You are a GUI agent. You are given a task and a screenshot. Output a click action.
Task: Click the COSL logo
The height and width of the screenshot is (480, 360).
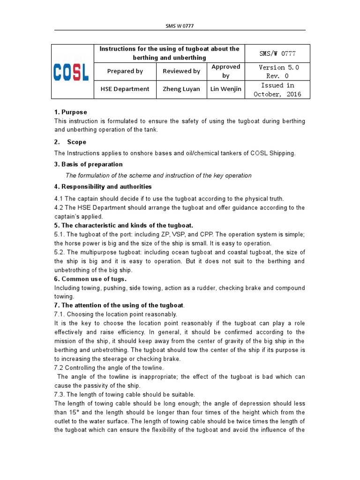coord(72,72)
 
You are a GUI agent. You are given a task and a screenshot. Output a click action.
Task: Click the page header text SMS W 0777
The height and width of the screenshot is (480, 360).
coord(180,26)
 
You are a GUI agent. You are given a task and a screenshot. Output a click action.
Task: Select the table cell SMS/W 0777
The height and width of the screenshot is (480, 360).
coord(278,53)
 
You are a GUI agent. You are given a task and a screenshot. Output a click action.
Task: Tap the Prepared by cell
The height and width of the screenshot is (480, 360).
coord(125,71)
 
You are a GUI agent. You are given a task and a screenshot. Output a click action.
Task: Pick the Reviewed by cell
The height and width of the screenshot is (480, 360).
coord(181,71)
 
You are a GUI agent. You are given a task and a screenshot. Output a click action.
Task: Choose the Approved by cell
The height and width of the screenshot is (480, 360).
coord(225,71)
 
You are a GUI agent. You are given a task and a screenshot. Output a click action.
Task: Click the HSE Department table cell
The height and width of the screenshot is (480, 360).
coord(125,89)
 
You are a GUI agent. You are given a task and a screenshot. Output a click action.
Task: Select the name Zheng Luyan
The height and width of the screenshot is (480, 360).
coord(181,89)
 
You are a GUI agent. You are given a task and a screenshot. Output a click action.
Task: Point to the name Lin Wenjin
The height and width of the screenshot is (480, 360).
coord(225,89)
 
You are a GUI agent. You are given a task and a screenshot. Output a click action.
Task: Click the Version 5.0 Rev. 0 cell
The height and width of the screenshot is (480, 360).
coord(278,71)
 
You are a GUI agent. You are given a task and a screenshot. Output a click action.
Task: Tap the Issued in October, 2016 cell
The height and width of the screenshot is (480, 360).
coord(278,90)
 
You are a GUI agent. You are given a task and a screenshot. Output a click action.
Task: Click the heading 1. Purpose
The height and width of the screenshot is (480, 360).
coord(71,112)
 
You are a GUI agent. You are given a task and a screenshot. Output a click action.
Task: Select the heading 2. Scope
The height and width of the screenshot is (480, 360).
coord(70,142)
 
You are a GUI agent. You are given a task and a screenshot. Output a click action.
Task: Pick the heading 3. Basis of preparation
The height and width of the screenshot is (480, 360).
coord(89,164)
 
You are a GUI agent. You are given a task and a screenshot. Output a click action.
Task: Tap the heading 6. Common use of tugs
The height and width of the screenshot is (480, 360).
coord(90,279)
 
